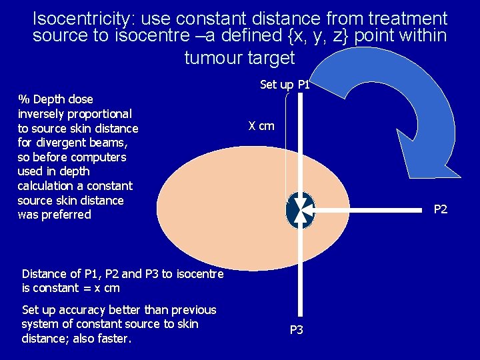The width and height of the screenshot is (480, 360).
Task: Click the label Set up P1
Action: click(x=285, y=85)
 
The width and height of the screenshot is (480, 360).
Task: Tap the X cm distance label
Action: click(x=261, y=126)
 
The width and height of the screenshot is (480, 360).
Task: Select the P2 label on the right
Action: click(x=441, y=210)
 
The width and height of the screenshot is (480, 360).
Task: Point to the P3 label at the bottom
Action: click(x=297, y=330)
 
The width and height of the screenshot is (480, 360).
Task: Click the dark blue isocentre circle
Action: click(x=299, y=211)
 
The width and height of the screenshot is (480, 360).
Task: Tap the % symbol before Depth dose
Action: click(x=24, y=99)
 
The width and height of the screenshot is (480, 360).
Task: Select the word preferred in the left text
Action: click(x=66, y=215)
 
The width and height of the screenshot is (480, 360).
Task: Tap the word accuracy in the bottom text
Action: click(x=82, y=310)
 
